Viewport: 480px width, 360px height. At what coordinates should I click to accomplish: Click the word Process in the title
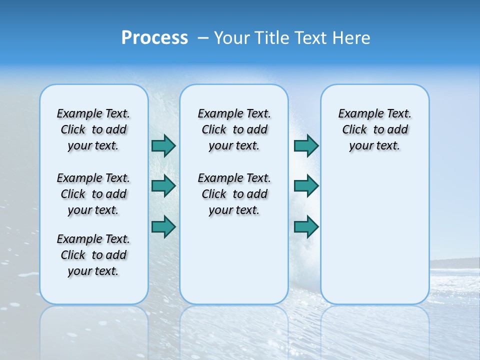tap(154, 38)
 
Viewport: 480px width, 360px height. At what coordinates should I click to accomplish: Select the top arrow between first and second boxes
tap(163, 146)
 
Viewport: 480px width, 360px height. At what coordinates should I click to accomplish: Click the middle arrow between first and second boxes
tap(163, 186)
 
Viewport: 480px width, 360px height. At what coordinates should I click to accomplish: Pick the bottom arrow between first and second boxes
tap(163, 226)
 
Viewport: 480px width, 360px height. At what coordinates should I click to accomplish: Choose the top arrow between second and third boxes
tap(306, 146)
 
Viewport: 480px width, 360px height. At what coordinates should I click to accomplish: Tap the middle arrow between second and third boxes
tap(306, 186)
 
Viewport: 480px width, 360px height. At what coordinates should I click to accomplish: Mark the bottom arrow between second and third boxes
tap(306, 226)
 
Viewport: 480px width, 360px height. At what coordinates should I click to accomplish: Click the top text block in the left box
tap(93, 129)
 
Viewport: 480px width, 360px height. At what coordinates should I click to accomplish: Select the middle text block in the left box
tap(93, 194)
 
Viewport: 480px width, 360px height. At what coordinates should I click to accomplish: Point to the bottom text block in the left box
tap(93, 255)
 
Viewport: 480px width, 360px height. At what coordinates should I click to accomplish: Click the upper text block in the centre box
tap(234, 129)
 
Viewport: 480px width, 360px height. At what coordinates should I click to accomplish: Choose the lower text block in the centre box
tap(234, 194)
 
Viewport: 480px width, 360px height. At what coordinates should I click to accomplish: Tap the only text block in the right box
tap(375, 129)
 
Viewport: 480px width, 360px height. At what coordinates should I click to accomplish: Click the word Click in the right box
tap(354, 129)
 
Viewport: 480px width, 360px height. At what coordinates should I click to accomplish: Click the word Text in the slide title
tap(312, 38)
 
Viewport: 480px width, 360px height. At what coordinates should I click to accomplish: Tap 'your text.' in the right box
tap(374, 146)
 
